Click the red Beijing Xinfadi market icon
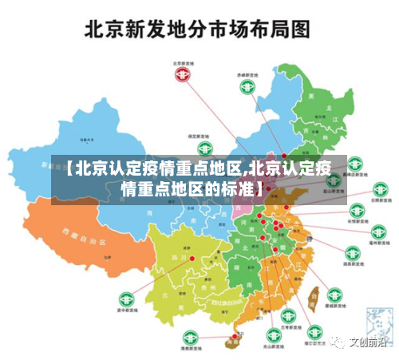184,74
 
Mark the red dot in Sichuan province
192,258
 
